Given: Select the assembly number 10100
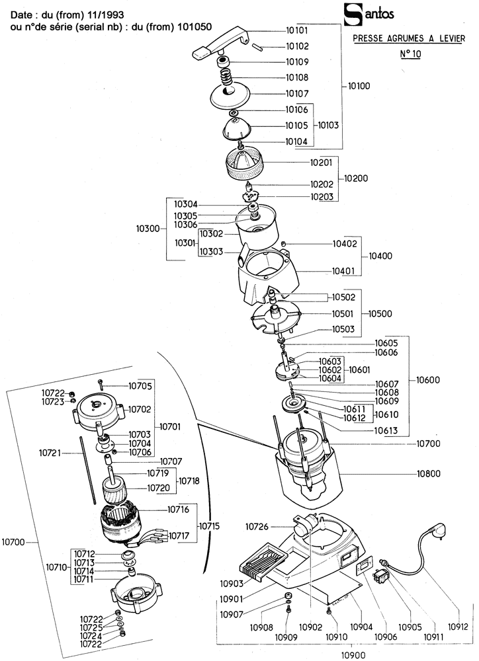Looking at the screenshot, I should point(359,86).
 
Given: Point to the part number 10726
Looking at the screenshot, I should point(260,527).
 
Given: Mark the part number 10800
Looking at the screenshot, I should point(429,474).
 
